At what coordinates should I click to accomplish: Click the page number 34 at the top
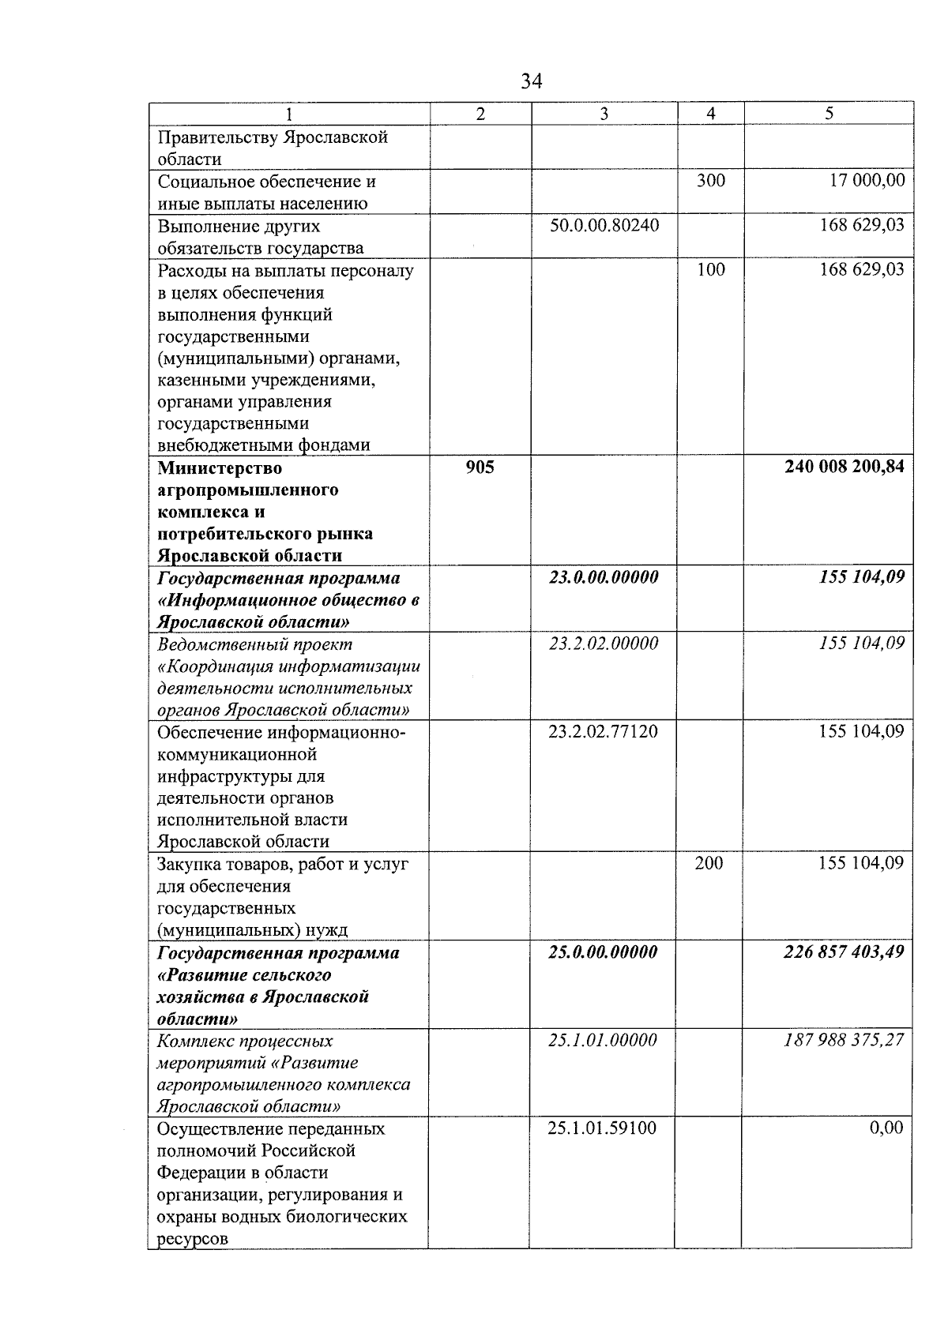(x=532, y=81)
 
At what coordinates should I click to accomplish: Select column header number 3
(x=604, y=114)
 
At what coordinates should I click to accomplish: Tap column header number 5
(x=829, y=114)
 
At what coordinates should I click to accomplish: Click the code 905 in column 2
(x=480, y=467)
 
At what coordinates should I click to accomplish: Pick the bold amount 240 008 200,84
(x=844, y=467)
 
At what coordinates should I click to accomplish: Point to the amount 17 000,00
(x=867, y=181)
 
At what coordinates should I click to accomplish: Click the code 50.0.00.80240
(x=604, y=226)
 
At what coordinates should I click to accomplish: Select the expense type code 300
(x=710, y=181)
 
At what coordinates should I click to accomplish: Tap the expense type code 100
(x=710, y=269)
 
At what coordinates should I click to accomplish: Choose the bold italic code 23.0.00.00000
(x=604, y=577)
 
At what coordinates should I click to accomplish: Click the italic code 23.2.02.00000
(x=604, y=644)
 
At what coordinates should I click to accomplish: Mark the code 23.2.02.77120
(x=603, y=731)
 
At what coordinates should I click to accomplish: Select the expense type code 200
(x=709, y=863)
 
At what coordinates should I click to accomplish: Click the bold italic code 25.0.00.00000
(x=603, y=952)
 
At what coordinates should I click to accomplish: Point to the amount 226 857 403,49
(x=843, y=952)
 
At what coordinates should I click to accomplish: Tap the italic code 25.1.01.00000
(x=603, y=1040)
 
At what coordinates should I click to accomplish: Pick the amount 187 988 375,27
(x=843, y=1040)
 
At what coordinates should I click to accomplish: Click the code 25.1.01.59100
(x=602, y=1128)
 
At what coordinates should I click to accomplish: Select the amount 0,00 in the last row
(x=886, y=1128)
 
